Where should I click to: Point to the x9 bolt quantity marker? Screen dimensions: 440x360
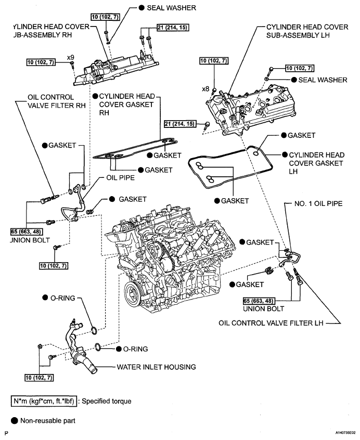71,55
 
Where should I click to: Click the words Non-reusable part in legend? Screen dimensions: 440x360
47,421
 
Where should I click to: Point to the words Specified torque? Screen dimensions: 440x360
107,401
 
